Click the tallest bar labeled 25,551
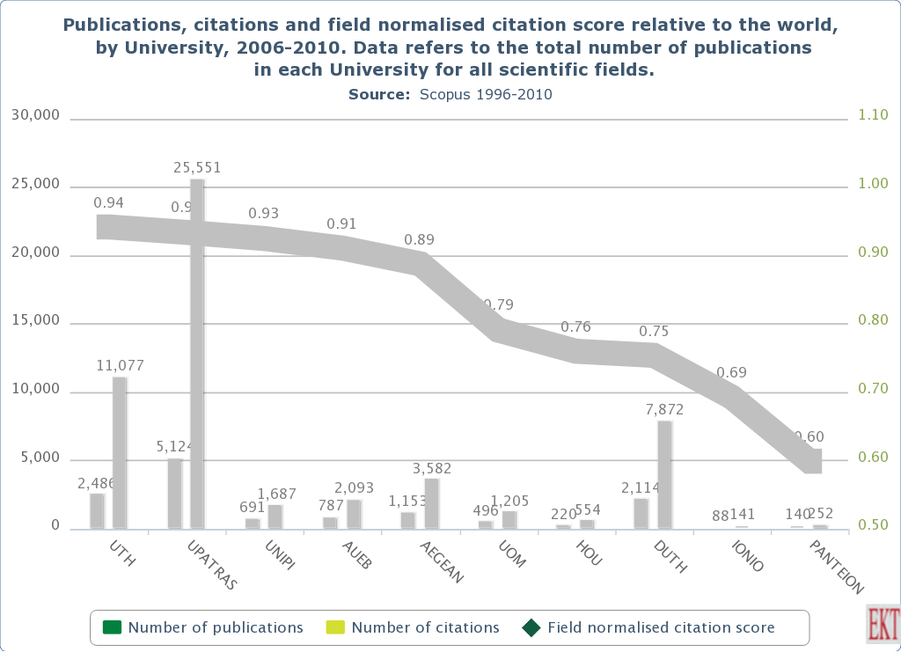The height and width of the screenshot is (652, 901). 197,352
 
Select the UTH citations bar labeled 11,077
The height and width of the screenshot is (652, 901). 120,452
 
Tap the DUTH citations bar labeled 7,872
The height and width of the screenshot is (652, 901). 664,474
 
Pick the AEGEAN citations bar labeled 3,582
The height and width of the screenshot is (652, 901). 431,503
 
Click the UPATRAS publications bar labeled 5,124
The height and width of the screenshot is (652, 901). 174,493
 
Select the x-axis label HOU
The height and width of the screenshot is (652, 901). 589,553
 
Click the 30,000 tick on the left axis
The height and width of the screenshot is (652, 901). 34,115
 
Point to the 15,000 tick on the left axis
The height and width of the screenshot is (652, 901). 34,321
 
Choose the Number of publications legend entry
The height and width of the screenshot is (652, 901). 203,627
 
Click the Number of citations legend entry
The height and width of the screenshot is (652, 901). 413,627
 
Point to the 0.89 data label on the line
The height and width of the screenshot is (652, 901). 419,239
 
